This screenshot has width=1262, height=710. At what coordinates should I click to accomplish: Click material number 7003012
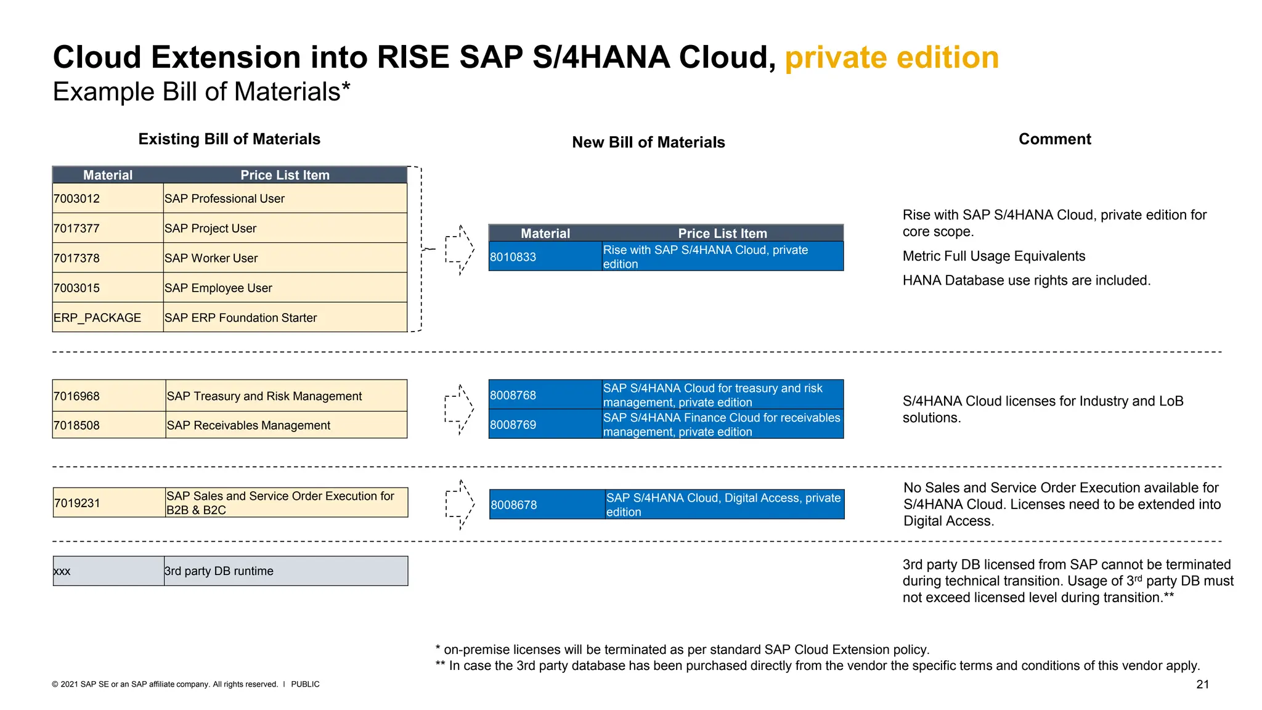77,198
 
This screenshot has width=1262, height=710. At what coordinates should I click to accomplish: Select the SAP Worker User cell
211,258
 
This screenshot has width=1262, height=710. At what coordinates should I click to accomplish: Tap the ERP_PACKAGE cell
97,317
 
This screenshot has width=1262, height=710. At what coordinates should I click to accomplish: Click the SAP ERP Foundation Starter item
241,317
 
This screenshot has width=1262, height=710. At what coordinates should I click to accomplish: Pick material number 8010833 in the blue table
513,257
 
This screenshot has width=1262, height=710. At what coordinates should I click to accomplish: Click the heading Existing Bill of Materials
229,139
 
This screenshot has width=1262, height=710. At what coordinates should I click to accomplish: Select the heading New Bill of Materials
648,142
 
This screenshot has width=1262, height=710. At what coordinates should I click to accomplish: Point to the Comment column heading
1054,139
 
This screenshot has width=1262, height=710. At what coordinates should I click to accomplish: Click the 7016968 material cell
77,396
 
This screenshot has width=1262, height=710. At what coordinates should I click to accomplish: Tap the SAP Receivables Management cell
249,425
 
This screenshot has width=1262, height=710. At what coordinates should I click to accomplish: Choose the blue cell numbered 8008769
513,425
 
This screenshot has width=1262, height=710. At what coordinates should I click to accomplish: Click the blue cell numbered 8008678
514,505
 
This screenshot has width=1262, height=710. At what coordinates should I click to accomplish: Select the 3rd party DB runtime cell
219,571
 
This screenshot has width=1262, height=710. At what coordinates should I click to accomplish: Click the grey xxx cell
62,571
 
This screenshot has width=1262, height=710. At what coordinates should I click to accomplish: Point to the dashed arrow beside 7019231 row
460,505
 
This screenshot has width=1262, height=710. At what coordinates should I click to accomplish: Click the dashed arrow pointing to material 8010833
460,250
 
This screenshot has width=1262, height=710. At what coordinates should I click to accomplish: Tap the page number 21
1202,684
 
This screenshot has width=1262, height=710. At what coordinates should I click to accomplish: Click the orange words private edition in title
891,57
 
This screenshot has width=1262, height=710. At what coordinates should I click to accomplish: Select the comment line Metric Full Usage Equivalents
993,256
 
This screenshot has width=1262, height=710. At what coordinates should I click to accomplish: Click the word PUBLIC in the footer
305,684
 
